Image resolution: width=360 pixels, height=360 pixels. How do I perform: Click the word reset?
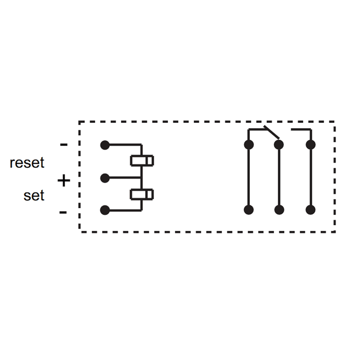pyautogui.click(x=27, y=163)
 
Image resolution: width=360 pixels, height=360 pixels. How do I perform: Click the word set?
pyautogui.click(x=34, y=195)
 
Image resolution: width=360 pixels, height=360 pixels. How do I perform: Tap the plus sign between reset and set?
pyautogui.click(x=64, y=181)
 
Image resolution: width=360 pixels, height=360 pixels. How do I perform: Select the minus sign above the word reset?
pyautogui.click(x=63, y=144)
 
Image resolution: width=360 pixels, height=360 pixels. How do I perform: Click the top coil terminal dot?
pyautogui.click(x=104, y=144)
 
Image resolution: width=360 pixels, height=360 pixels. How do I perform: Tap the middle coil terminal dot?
pyautogui.click(x=104, y=178)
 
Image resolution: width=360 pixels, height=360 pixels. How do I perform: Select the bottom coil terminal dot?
pyautogui.click(x=104, y=210)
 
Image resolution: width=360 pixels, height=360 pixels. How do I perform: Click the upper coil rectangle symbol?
pyautogui.click(x=142, y=160)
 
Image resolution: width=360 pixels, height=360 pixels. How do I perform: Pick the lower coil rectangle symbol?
pyautogui.click(x=142, y=194)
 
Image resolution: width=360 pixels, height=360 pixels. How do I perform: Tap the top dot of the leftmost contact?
pyautogui.click(x=249, y=144)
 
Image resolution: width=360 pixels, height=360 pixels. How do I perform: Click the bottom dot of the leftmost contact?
pyautogui.click(x=249, y=210)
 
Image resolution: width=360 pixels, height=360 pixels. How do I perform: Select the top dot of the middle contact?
pyautogui.click(x=279, y=144)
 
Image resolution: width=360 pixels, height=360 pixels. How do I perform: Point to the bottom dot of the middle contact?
pyautogui.click(x=279, y=210)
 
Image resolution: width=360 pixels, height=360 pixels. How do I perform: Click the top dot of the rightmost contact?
pyautogui.click(x=310, y=144)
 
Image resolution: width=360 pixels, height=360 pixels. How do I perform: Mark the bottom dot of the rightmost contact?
pyautogui.click(x=310, y=210)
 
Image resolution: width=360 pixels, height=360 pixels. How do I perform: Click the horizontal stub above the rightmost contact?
pyautogui.click(x=301, y=129)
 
